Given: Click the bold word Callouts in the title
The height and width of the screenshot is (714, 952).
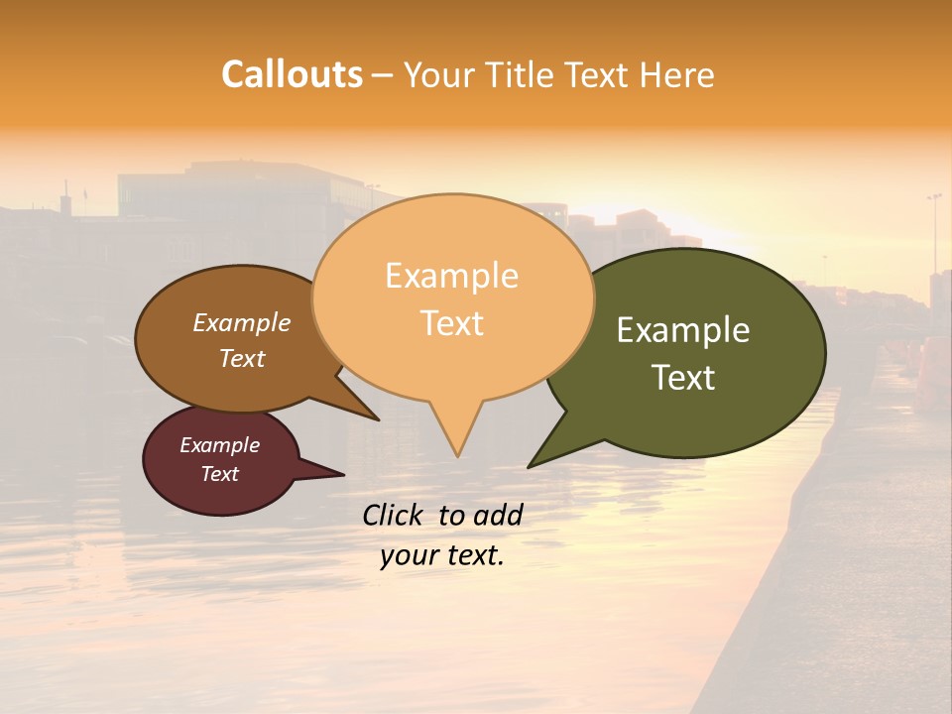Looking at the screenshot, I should [x=292, y=74].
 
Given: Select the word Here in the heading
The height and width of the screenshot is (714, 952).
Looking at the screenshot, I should [x=677, y=74].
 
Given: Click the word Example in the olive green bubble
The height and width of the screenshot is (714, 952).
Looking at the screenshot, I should [x=683, y=330].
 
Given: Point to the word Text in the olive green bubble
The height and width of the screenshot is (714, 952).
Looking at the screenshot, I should [x=683, y=378].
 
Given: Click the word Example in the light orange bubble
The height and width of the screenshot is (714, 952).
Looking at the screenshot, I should [x=451, y=276].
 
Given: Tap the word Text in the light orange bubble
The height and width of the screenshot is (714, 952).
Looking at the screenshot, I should [x=451, y=323].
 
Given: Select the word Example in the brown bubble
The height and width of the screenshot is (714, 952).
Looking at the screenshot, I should [x=242, y=322].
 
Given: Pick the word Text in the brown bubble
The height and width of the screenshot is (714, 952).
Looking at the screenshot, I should [x=242, y=358].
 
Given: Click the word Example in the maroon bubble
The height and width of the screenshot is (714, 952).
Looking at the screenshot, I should [x=219, y=445].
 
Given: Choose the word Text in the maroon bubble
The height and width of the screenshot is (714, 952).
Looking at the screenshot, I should [x=219, y=474].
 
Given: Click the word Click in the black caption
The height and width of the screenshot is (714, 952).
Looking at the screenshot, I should [x=394, y=515].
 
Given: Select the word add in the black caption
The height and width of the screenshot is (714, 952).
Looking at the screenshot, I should [x=498, y=515].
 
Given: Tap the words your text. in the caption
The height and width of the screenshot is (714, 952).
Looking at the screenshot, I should [x=442, y=555].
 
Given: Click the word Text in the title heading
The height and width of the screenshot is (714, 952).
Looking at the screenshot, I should [x=601, y=74].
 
